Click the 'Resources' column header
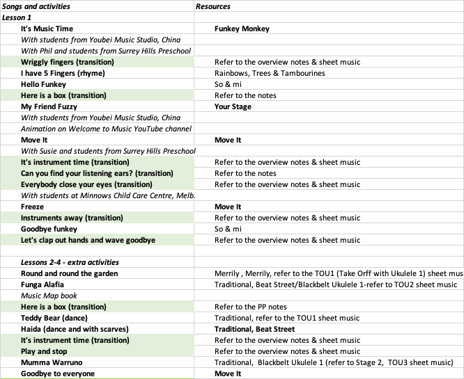coord(213,6)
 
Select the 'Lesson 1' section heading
coord(18,17)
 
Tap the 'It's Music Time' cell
coord(47,29)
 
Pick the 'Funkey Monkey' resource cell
coord(242,29)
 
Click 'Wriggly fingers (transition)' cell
coord(68,62)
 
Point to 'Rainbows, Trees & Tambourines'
coord(270,73)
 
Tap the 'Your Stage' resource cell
coord(233,106)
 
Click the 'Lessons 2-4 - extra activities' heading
coord(70,262)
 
